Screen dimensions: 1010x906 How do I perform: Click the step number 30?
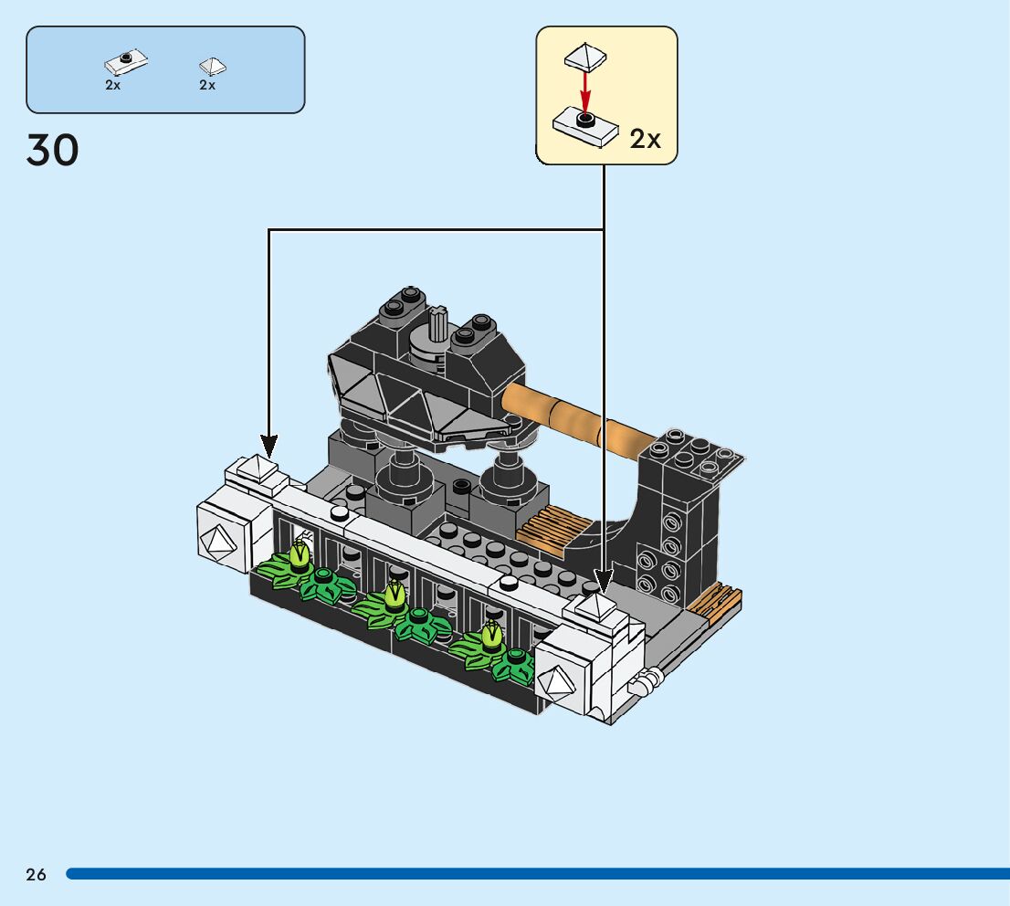52,150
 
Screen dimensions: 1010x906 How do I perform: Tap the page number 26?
37,874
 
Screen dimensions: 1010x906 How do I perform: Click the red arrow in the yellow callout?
584,90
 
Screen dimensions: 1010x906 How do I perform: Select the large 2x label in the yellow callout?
645,139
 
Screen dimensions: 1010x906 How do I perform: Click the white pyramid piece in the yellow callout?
585,56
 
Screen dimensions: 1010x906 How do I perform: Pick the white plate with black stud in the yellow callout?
584,127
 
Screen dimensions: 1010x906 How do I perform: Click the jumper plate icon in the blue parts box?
126,62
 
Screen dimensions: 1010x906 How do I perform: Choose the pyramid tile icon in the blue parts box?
213,67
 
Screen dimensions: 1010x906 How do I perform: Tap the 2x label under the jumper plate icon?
112,85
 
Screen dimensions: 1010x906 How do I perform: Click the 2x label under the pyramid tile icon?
207,85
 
